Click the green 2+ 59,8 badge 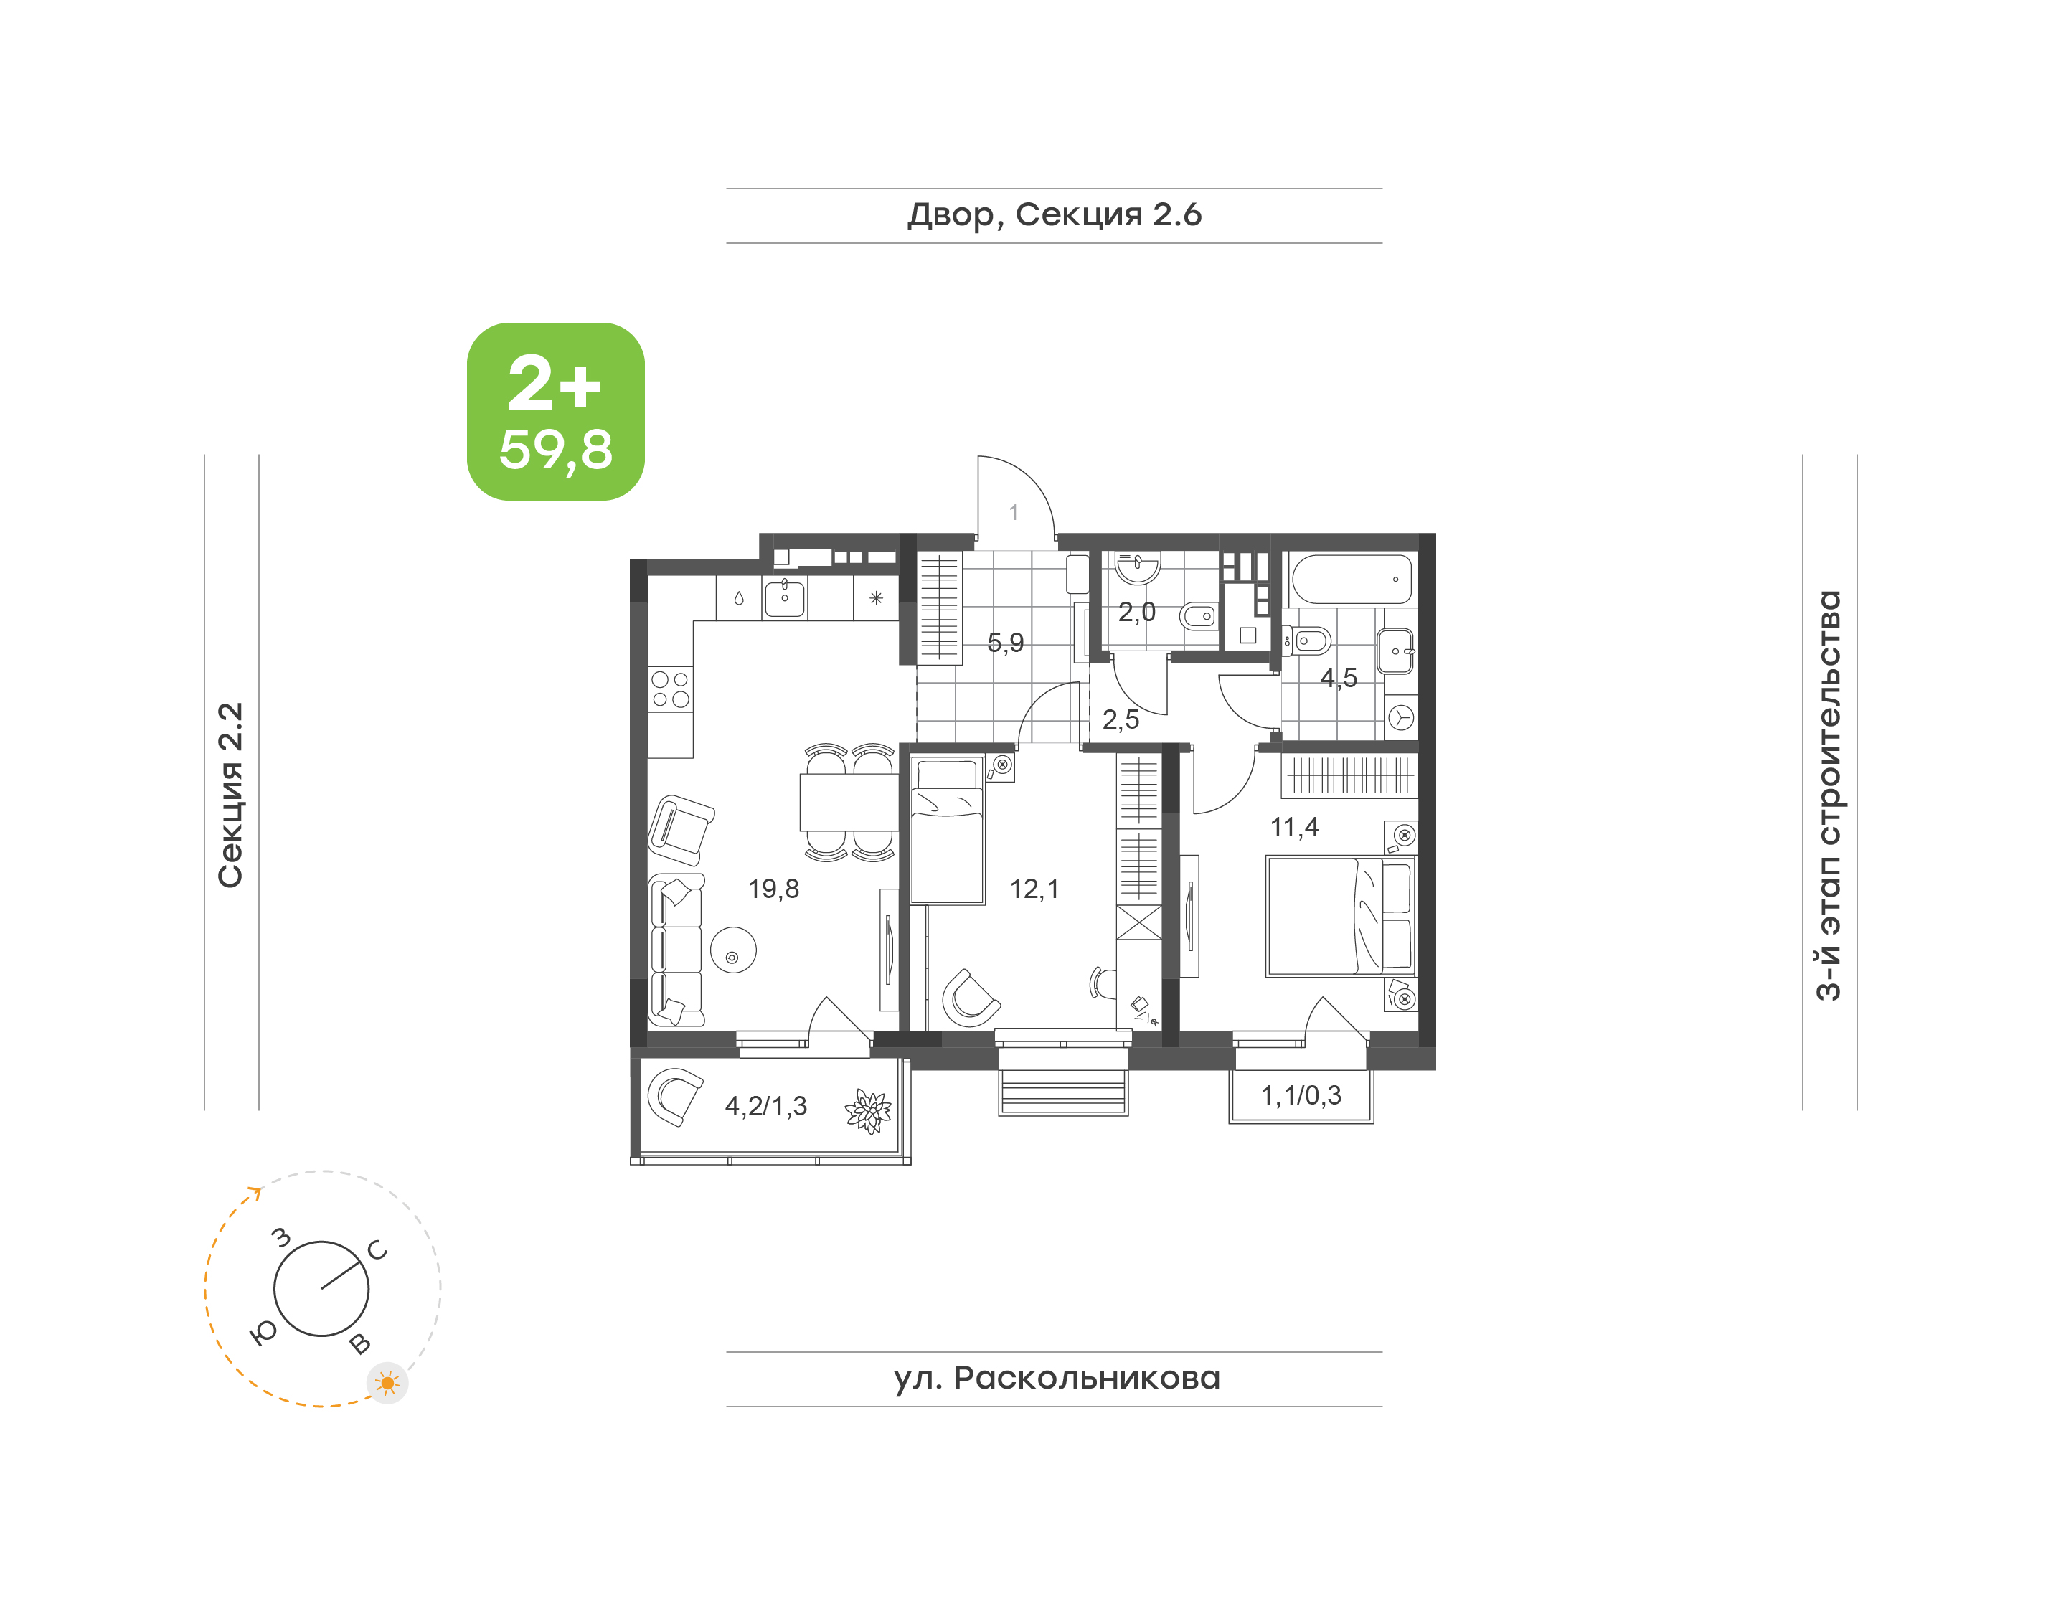555,411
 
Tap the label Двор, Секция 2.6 1055,215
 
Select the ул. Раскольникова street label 1056,1378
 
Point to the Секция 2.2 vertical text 230,795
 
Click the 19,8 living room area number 773,889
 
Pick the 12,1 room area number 1034,889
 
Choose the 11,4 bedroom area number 1294,828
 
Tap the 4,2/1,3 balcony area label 766,1106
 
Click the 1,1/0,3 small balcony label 1301,1095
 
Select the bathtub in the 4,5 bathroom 1352,579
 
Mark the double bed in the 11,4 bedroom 1340,916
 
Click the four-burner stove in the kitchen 670,690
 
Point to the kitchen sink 785,598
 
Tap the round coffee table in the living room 732,949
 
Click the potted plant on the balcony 868,1110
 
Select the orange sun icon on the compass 387,1384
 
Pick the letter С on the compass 378,1251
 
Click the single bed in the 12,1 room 947,831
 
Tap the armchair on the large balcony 675,1095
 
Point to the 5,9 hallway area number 1005,643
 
